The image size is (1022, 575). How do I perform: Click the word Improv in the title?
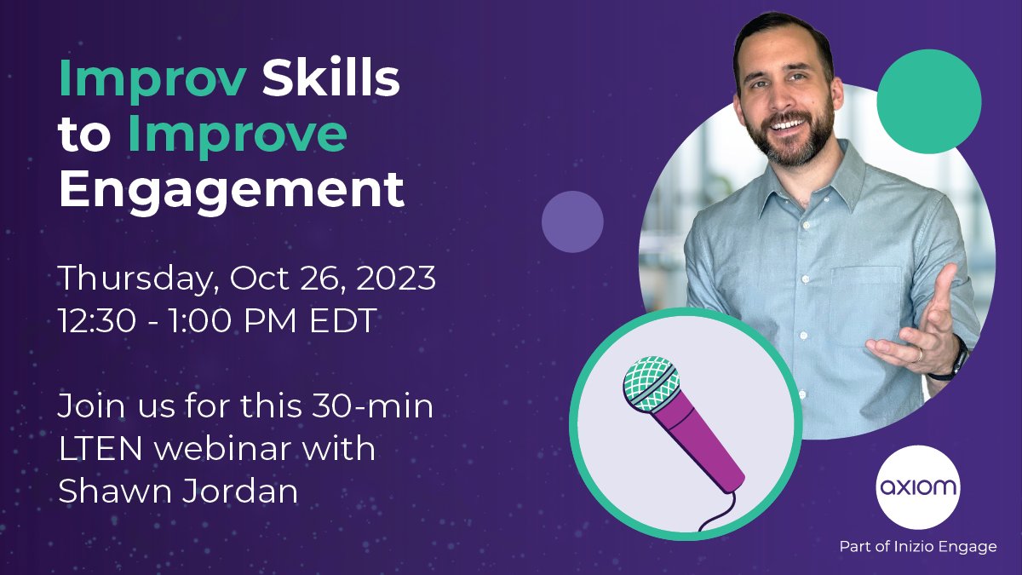[152, 81]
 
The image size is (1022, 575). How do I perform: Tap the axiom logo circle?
[916, 488]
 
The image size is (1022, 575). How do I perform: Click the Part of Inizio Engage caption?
[917, 547]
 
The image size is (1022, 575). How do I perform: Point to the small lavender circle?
[572, 221]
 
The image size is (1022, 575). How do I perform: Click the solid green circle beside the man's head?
[928, 101]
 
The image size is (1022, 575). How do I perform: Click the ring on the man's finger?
[917, 354]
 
